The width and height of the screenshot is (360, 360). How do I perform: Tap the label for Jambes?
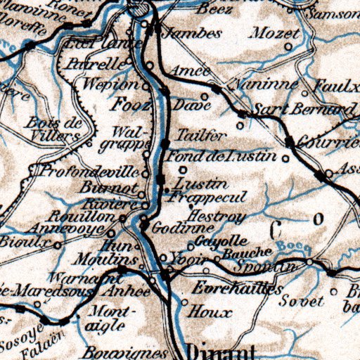click(182, 33)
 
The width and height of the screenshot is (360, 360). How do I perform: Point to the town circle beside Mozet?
click(288, 47)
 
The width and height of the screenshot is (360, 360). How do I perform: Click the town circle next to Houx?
click(184, 304)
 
